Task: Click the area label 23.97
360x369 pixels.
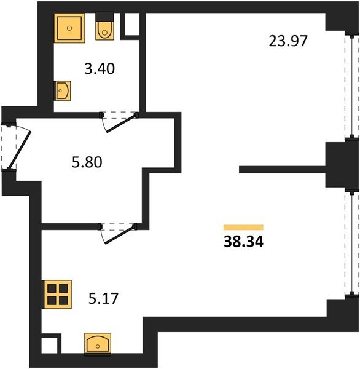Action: point(288,41)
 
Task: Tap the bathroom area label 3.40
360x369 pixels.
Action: point(100,69)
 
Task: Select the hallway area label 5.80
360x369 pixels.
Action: point(87,162)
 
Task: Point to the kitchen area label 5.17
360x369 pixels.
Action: point(103,298)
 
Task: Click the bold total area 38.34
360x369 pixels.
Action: point(244,242)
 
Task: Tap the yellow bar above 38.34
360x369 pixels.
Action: point(243,227)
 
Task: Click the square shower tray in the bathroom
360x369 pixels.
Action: point(69,28)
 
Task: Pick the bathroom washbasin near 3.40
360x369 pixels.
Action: point(63,90)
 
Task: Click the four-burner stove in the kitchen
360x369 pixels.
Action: point(57,295)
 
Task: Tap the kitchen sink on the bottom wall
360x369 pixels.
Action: point(98,343)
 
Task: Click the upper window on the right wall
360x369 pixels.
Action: point(352,87)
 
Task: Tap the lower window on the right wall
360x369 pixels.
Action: point(352,243)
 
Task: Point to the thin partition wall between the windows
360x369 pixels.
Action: point(283,170)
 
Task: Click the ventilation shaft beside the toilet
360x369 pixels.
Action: point(132,24)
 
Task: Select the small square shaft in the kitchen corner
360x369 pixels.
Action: point(50,345)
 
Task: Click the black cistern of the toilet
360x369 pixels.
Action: point(104,17)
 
